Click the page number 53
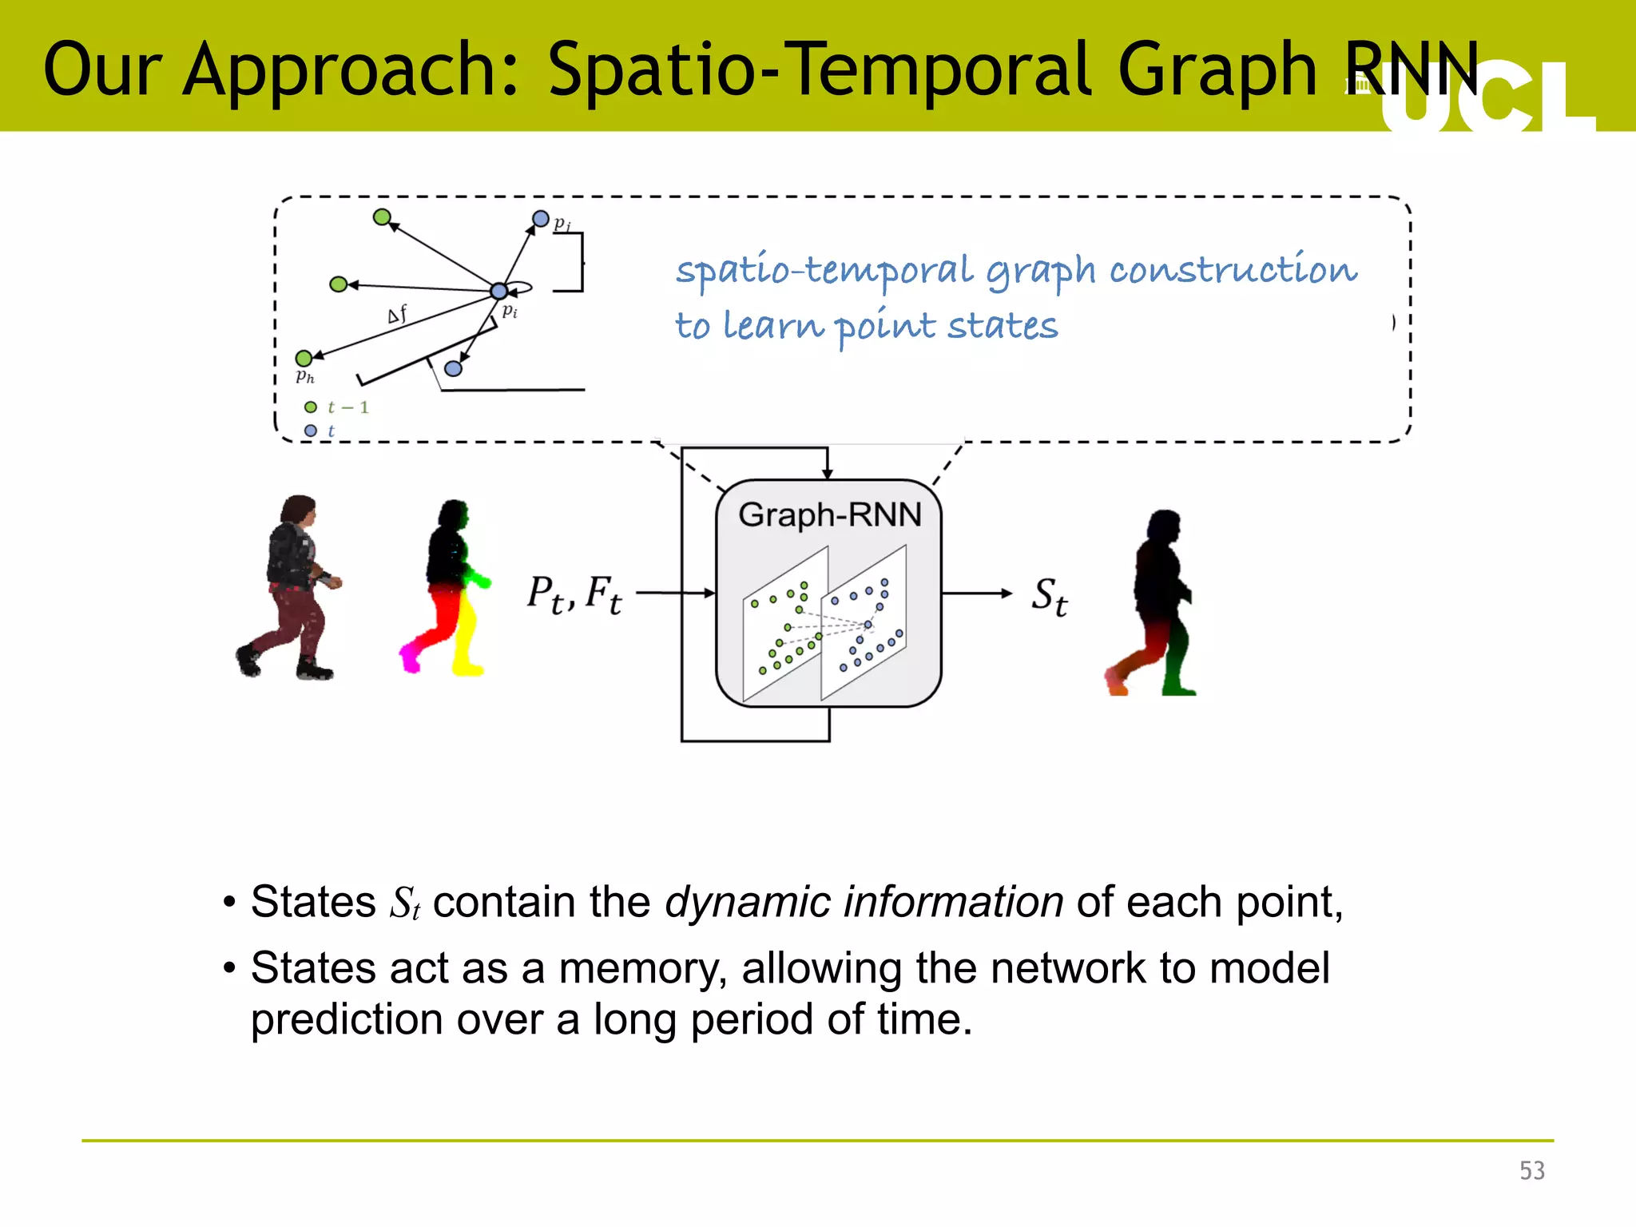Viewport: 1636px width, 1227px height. pyautogui.click(x=1531, y=1170)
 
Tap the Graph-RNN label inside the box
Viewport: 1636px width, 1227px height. pyautogui.click(x=829, y=514)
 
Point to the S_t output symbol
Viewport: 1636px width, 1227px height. pyautogui.click(x=1049, y=596)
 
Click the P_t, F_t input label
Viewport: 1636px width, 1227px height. pyautogui.click(x=574, y=595)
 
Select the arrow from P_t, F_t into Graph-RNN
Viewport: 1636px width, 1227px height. pyautogui.click(x=675, y=593)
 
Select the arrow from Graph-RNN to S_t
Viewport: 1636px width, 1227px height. pyautogui.click(x=976, y=593)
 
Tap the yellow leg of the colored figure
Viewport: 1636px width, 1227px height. pyautogui.click(x=465, y=639)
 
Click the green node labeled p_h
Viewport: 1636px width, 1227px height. pyautogui.click(x=304, y=358)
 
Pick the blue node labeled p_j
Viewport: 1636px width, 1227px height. pyautogui.click(x=541, y=218)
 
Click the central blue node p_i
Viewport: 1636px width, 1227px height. pyautogui.click(x=498, y=291)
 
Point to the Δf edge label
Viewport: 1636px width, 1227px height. pyautogui.click(x=397, y=314)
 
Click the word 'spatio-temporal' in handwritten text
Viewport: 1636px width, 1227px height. pyautogui.click(x=824, y=270)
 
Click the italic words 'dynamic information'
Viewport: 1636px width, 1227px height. pyautogui.click(x=864, y=902)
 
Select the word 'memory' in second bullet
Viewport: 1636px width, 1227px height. pyautogui.click(x=643, y=968)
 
